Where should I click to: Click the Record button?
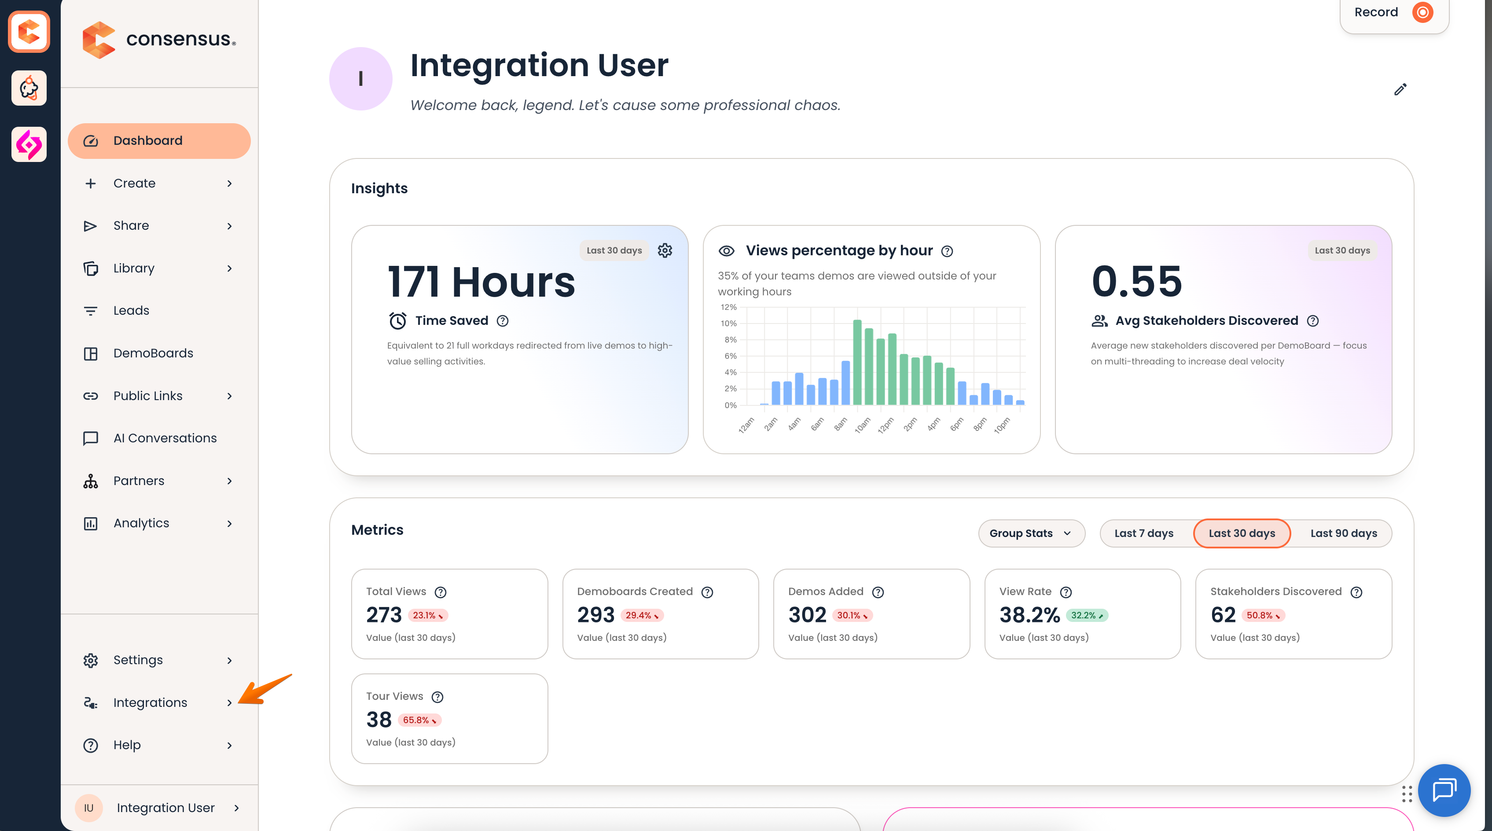click(1393, 13)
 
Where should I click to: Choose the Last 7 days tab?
click(1144, 533)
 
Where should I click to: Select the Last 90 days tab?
click(1344, 533)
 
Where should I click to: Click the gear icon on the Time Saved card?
click(665, 250)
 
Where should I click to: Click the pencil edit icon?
click(1400, 89)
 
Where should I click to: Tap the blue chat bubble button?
click(1444, 790)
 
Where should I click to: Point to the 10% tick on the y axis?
click(729, 323)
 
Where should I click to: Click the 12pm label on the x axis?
click(886, 425)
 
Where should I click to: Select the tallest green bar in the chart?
click(857, 363)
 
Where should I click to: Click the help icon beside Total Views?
click(441, 592)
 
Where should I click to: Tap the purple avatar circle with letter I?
click(360, 79)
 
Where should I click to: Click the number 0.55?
click(1136, 281)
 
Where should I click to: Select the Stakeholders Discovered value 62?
click(1223, 615)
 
